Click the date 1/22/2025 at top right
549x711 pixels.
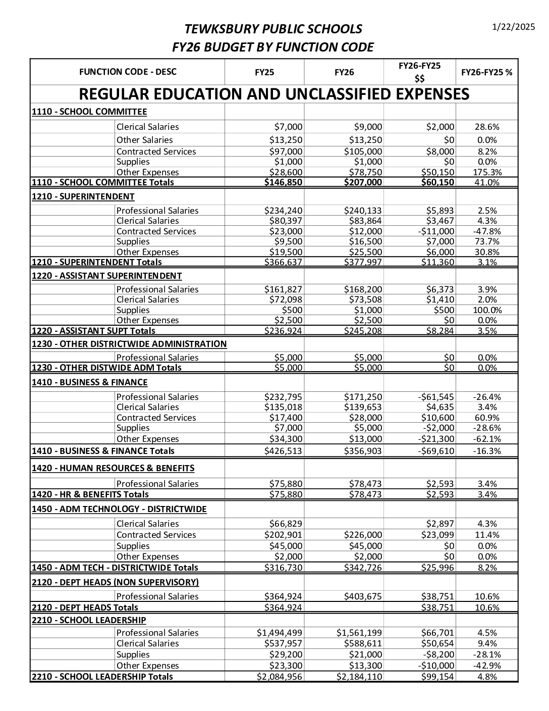[x=513, y=27]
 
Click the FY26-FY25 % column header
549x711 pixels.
[x=486, y=72]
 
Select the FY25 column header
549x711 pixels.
[x=264, y=72]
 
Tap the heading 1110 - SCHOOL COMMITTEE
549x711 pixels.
[x=89, y=112]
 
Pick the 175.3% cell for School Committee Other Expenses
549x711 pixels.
[x=487, y=172]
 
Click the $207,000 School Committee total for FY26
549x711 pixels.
[x=363, y=182]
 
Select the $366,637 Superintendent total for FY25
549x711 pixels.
[x=284, y=262]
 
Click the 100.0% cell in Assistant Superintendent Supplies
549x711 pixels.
[x=487, y=310]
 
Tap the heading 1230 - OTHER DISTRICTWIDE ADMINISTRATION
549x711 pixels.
[x=129, y=344]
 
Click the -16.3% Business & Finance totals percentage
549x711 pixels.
[x=487, y=451]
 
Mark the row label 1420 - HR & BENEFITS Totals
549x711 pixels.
[x=90, y=494]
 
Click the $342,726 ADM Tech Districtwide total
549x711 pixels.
[x=363, y=568]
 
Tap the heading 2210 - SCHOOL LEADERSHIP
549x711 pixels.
[x=89, y=620]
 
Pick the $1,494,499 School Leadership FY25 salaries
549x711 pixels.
[x=280, y=633]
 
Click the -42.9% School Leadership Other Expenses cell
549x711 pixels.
[x=487, y=666]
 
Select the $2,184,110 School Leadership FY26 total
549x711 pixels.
[x=359, y=677]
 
